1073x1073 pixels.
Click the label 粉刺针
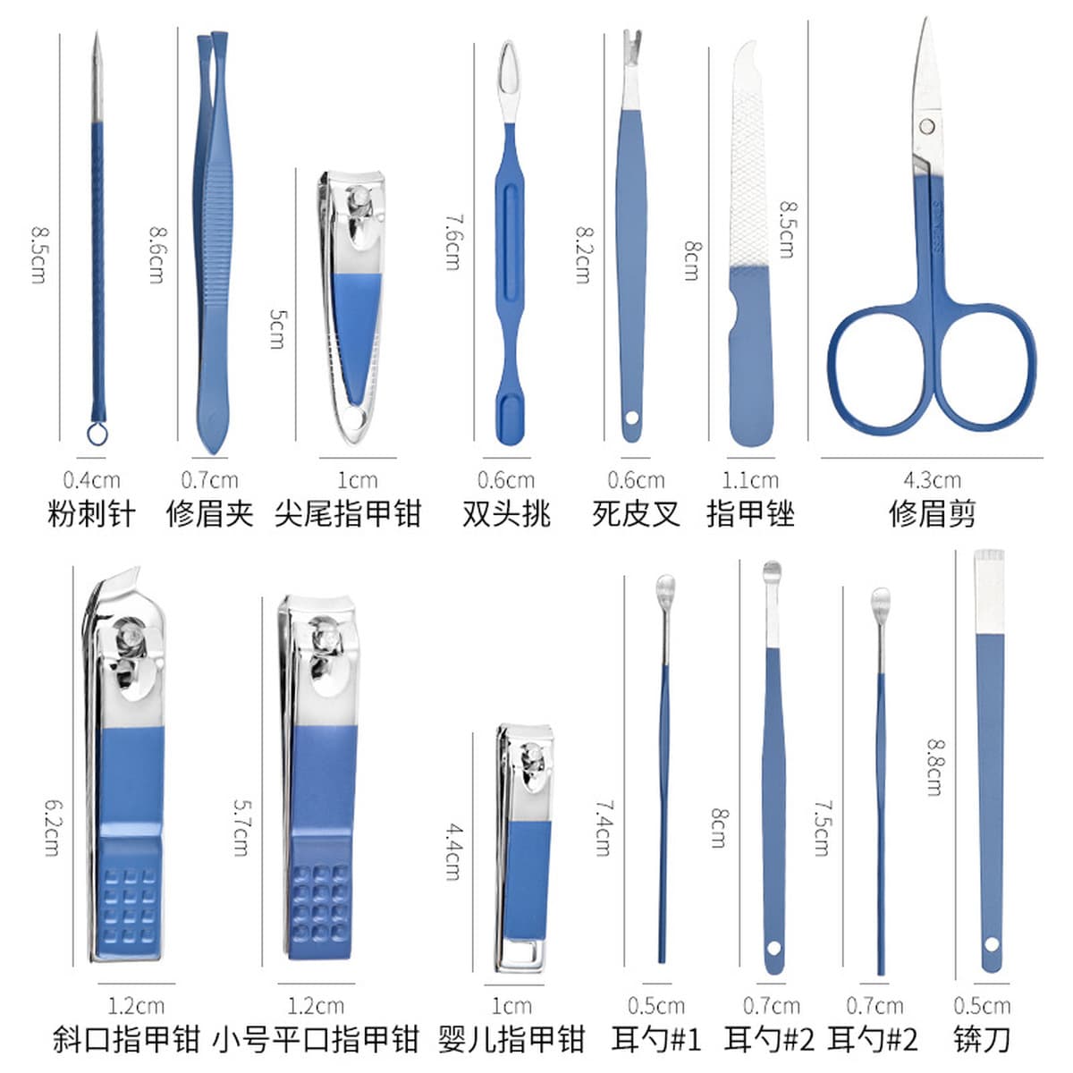[x=91, y=513]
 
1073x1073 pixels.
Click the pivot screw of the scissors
[x=927, y=126]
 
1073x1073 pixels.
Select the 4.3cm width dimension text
[x=932, y=480]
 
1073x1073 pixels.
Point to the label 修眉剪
[x=932, y=513]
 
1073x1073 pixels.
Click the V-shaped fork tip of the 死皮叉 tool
[x=632, y=45]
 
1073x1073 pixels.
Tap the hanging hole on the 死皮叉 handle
[x=632, y=417]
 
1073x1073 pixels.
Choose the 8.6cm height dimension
[x=156, y=255]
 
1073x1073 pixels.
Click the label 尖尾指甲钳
[x=348, y=513]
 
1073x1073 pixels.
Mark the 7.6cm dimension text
[x=452, y=243]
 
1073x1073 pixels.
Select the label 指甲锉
[x=750, y=513]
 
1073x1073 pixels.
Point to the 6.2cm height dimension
[x=53, y=828]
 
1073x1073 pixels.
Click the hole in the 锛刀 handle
[x=992, y=944]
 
